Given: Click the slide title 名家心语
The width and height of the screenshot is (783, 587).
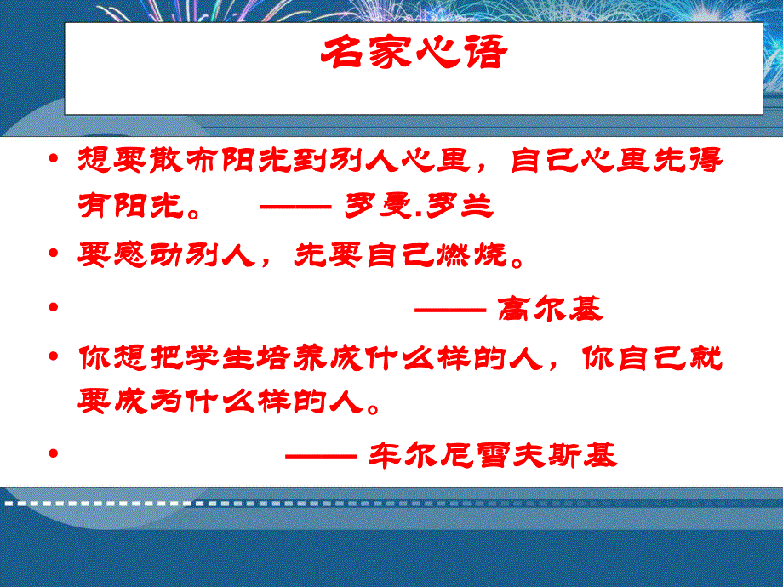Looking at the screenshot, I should tap(414, 54).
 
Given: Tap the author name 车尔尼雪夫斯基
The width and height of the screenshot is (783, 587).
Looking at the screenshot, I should tap(493, 456).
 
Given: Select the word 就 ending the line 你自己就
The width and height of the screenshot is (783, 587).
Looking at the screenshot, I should tap(706, 358).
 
